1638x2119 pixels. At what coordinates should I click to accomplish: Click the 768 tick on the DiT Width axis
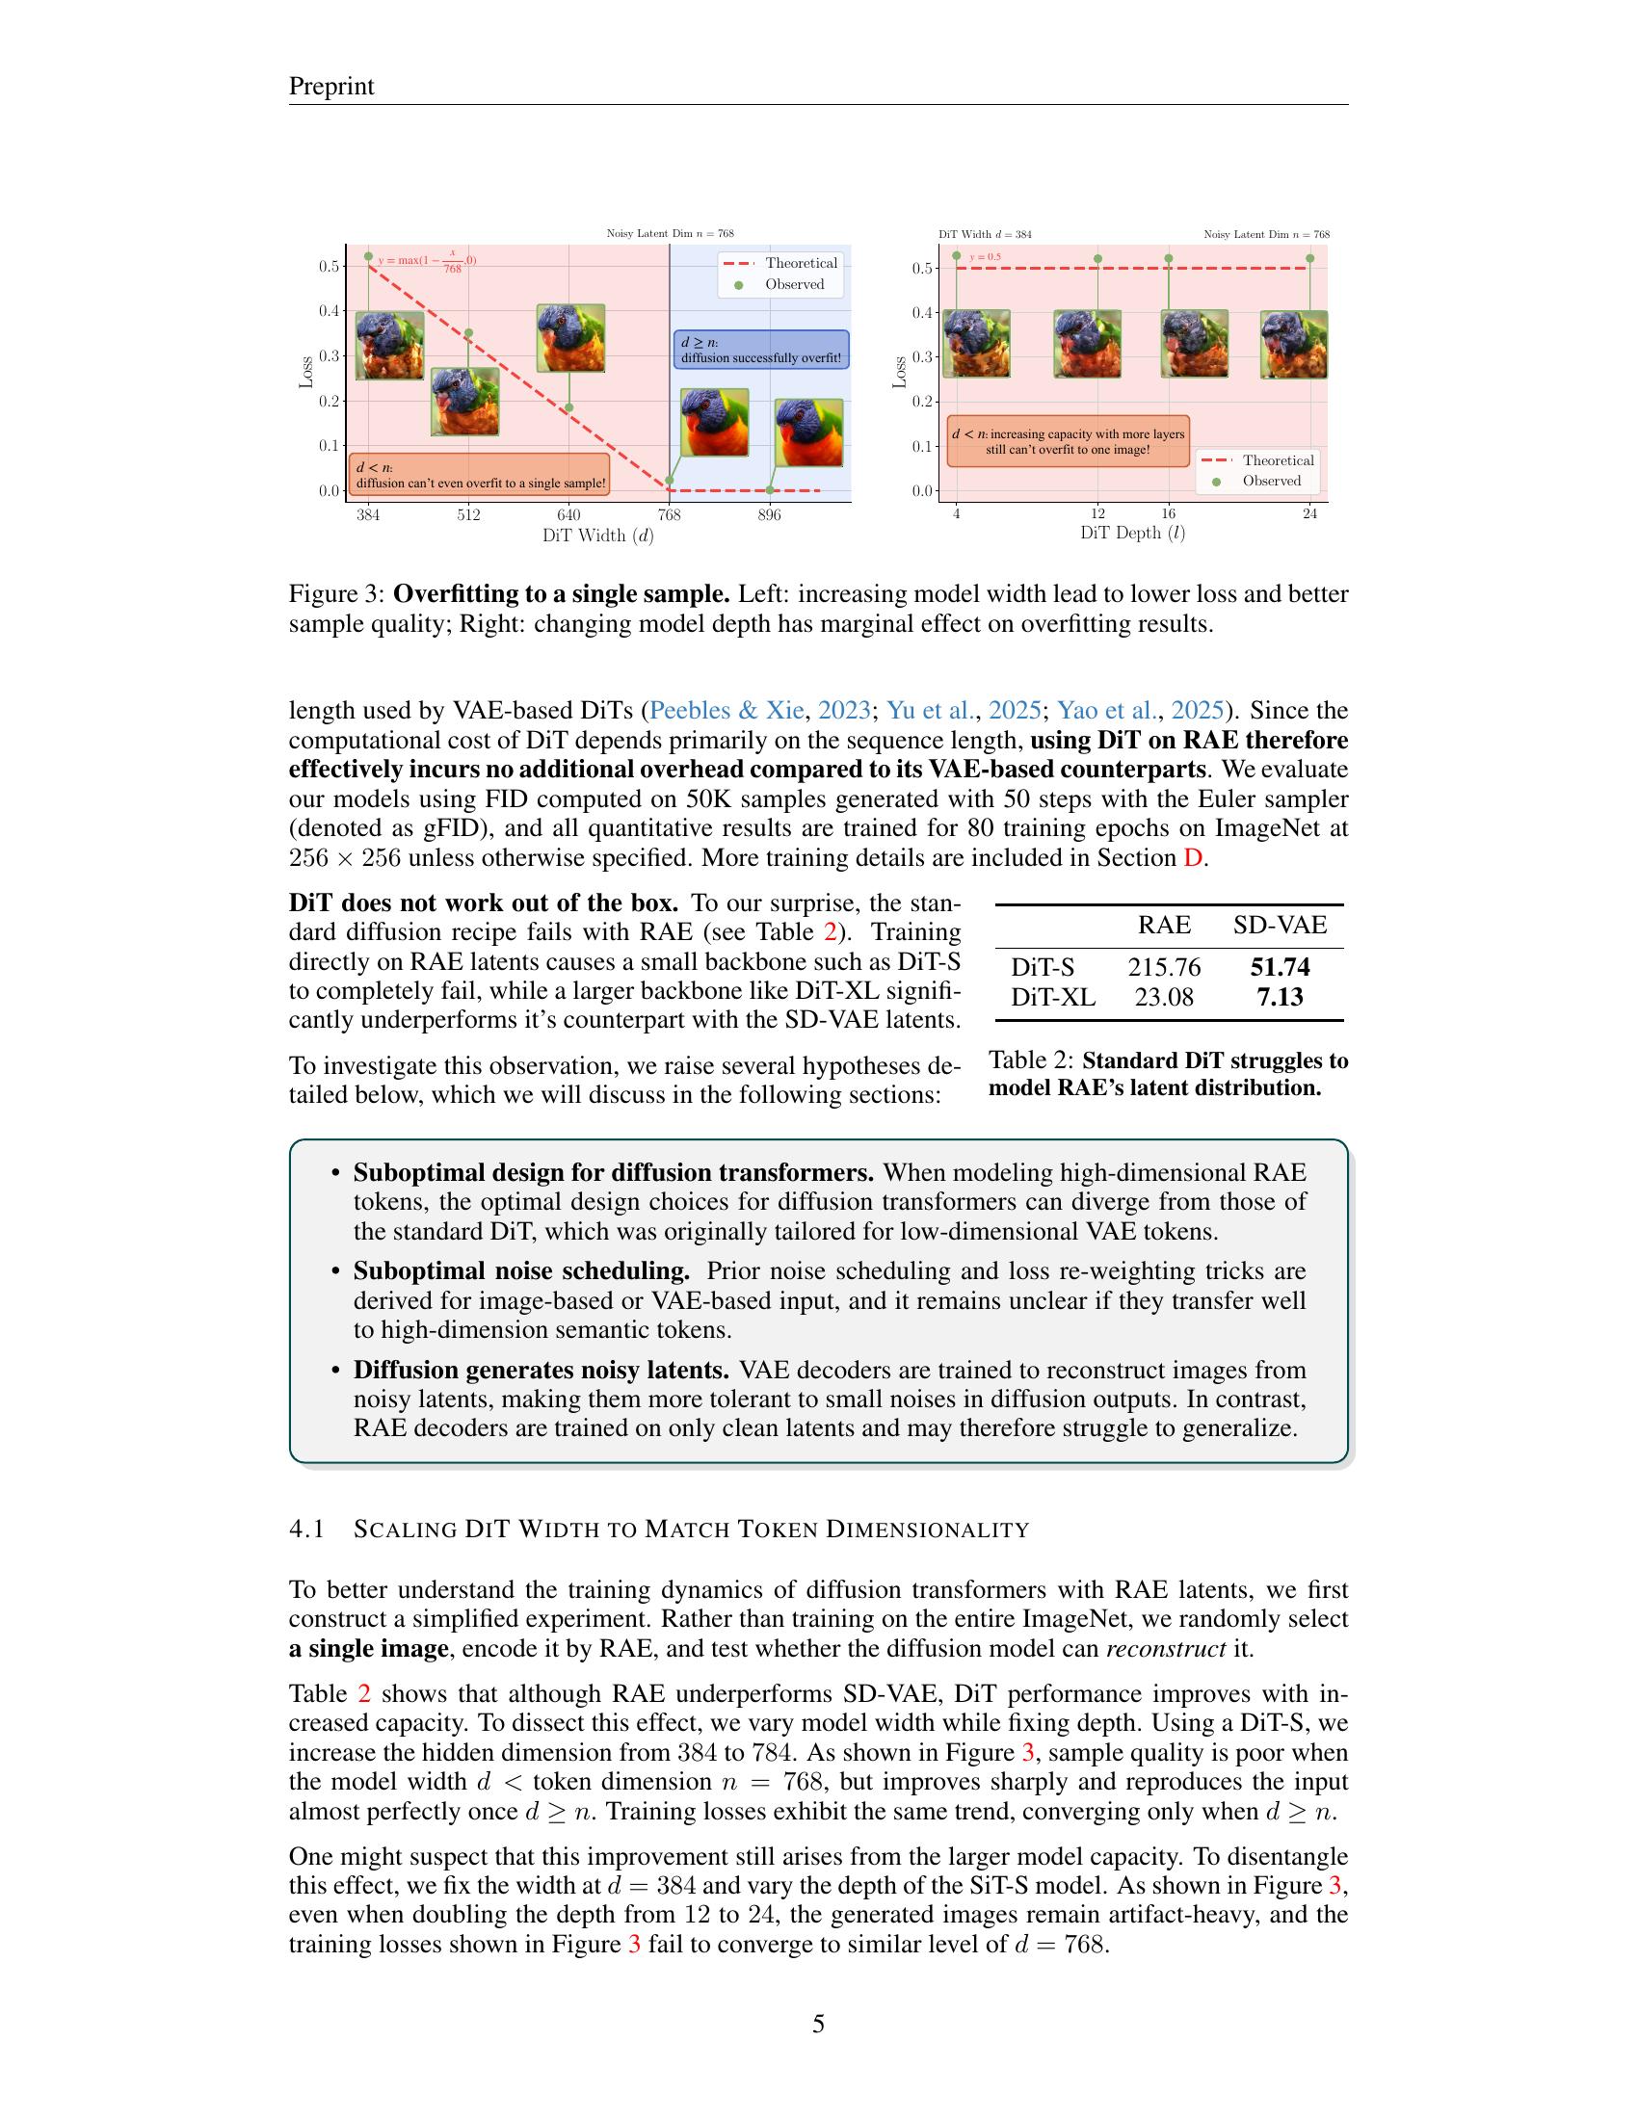[669, 515]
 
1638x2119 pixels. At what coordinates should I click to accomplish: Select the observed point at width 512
[468, 333]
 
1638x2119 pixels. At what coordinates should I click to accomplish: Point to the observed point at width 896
[770, 490]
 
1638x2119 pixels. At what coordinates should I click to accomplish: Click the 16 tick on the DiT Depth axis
[1169, 513]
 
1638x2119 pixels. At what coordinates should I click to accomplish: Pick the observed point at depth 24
[1310, 258]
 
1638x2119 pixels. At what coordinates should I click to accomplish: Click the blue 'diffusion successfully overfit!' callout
[761, 351]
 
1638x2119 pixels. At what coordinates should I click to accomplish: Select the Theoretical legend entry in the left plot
[781, 263]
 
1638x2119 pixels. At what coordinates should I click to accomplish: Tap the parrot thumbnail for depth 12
[1088, 344]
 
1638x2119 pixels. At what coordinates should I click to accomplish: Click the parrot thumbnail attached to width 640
[570, 338]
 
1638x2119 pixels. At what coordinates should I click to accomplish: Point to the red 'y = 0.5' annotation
[986, 257]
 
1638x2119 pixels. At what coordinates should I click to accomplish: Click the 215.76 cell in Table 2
[1164, 967]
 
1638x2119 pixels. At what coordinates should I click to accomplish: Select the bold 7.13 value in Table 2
[1280, 998]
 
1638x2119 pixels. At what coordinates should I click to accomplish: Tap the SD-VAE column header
[1280, 925]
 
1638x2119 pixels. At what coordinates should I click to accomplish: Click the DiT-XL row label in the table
[1053, 998]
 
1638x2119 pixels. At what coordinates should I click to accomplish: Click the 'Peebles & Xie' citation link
[726, 710]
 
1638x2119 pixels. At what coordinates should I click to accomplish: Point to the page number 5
[818, 2024]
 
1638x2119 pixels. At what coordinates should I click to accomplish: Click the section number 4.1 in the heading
[305, 1530]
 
